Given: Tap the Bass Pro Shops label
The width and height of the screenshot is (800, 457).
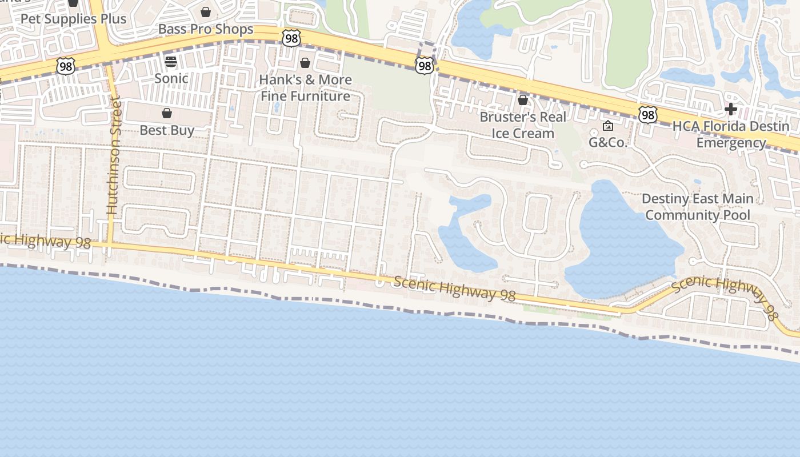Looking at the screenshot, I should [x=206, y=29].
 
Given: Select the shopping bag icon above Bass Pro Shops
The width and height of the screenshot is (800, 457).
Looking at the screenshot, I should [x=206, y=11].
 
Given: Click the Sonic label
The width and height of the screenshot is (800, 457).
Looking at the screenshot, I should [x=171, y=78].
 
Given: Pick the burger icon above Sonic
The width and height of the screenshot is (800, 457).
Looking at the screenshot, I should [x=171, y=62].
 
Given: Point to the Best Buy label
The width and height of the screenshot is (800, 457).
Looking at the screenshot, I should [x=167, y=130].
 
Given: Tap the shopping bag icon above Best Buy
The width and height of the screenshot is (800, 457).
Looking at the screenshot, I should [x=167, y=113].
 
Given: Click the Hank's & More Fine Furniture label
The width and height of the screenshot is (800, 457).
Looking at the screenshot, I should [x=305, y=87].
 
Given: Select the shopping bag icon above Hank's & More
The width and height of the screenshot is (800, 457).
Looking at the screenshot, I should [x=305, y=62].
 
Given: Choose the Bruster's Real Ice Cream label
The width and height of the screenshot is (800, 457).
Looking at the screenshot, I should [x=523, y=125].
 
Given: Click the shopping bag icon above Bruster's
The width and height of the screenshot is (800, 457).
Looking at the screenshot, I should [x=522, y=100].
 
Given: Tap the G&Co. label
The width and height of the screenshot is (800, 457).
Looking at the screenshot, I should [x=608, y=142].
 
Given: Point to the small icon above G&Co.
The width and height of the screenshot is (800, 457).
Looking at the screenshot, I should [x=608, y=126].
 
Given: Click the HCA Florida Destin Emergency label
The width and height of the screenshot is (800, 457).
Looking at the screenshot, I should [x=731, y=134].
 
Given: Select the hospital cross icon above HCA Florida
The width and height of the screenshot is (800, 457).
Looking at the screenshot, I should [x=730, y=109].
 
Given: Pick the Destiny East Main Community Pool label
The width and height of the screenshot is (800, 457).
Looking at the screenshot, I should [x=697, y=207].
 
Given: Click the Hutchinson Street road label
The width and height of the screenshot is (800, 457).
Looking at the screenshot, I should [x=113, y=156].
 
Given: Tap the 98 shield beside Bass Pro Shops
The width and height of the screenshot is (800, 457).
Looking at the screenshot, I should [x=291, y=38].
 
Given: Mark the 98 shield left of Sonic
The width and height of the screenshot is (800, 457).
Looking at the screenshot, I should [x=65, y=66].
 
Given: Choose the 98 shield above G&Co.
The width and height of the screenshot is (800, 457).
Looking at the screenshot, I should [x=647, y=115].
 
